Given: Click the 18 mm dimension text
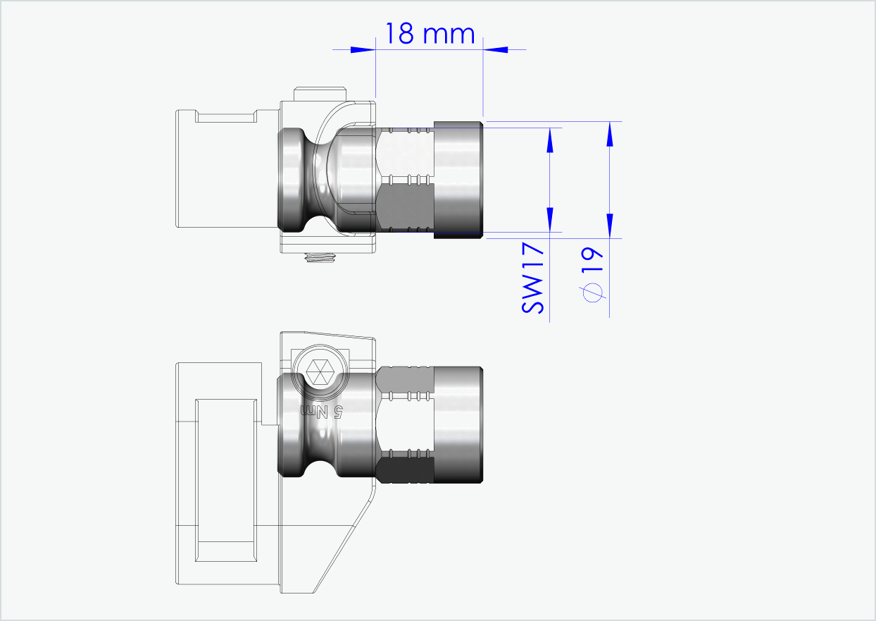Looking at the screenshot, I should (x=429, y=32).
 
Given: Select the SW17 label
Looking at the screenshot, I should (x=533, y=278).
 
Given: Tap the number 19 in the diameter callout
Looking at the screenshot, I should (x=593, y=262).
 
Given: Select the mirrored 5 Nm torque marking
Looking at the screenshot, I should (x=321, y=411).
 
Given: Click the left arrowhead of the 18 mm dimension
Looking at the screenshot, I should (x=362, y=49).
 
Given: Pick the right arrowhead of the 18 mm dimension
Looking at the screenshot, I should (x=496, y=49).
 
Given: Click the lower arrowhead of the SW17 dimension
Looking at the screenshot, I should (x=551, y=219).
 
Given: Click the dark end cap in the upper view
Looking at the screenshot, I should (x=458, y=180).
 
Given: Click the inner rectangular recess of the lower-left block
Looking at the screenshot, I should (x=225, y=480).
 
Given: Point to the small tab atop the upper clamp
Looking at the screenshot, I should (x=321, y=94).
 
